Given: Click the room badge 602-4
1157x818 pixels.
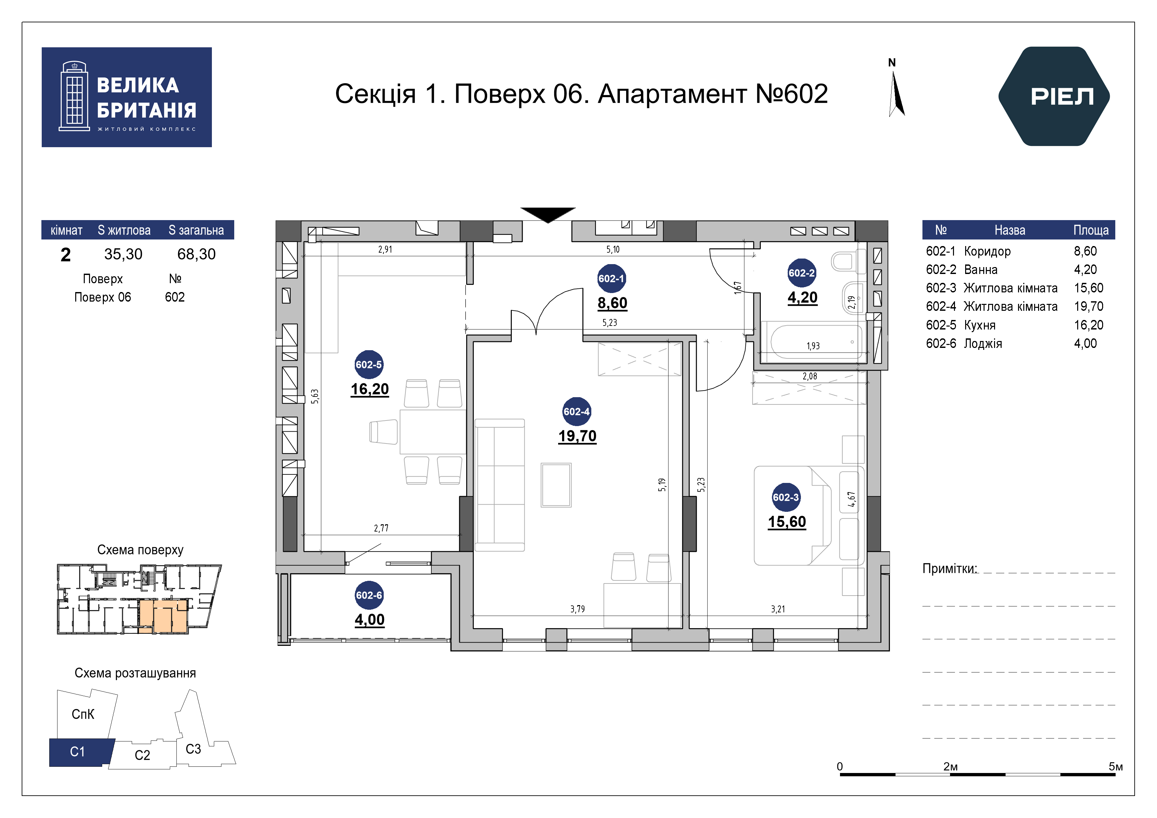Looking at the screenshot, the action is tap(577, 412).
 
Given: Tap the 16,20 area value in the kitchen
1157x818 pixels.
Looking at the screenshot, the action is tap(370, 389).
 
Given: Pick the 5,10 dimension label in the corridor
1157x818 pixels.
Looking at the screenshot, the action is tap(613, 249).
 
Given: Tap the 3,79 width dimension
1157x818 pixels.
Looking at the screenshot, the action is tap(578, 609).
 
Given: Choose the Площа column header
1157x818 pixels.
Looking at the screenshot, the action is tap(1091, 230).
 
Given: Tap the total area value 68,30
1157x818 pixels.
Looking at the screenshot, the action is tap(196, 254).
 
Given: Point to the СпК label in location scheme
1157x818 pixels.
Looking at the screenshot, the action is tap(83, 714).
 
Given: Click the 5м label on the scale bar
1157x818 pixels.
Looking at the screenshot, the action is tap(1116, 767).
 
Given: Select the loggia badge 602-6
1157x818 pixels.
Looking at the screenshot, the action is tap(369, 595).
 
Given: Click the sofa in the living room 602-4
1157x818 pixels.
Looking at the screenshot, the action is tap(500, 485).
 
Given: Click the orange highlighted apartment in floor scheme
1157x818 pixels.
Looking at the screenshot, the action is tap(163, 616).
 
